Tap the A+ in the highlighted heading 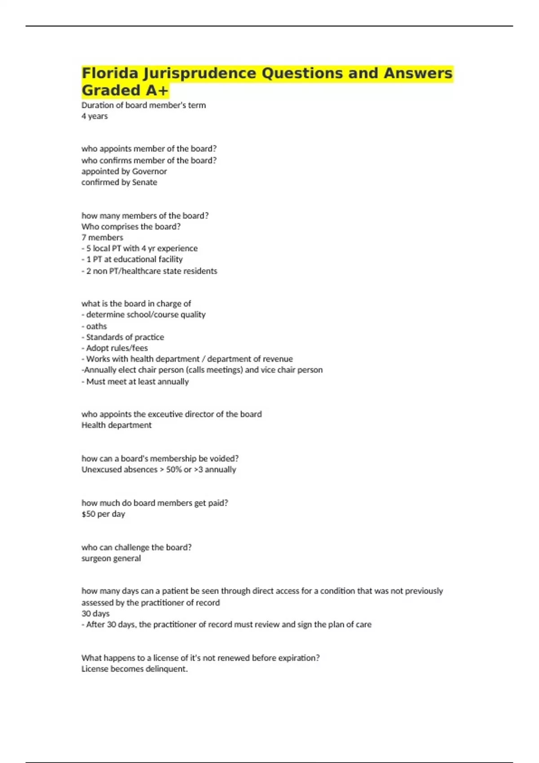tap(157, 91)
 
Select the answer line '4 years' tap(94, 116)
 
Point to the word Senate tap(144, 182)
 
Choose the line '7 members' tap(102, 237)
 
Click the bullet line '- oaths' tap(94, 326)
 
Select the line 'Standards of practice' tap(125, 337)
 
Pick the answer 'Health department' tap(116, 425)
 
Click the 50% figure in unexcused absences tap(174, 469)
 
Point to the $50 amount tap(88, 514)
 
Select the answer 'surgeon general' tap(111, 558)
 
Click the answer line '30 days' tap(95, 614)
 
